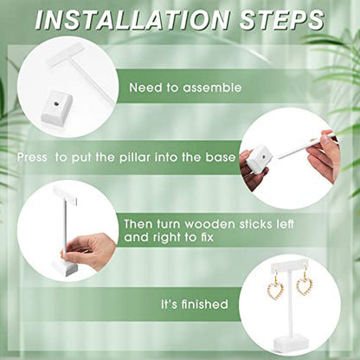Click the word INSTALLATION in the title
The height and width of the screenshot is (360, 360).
(132, 20)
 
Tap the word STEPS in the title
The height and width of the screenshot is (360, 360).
(281, 20)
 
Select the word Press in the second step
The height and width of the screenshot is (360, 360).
(32, 157)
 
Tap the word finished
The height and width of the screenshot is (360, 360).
(204, 305)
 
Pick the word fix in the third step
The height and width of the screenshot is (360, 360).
(207, 237)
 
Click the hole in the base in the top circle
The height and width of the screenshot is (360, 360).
(57, 103)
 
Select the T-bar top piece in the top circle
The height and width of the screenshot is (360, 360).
(67, 54)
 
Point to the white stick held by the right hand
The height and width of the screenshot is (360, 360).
(306, 145)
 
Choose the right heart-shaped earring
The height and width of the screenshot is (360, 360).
(305, 283)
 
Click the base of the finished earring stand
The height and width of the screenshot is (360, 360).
(292, 341)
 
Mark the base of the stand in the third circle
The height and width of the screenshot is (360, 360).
(65, 267)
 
